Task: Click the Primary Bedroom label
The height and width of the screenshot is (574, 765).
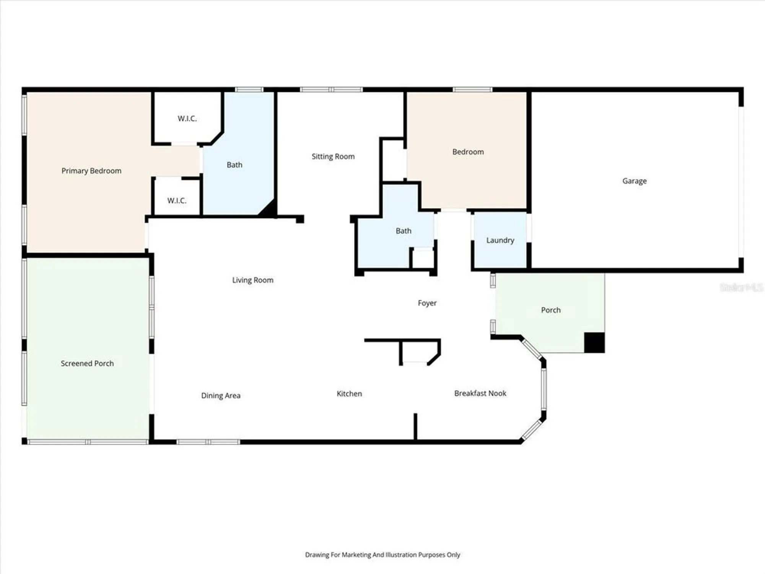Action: (x=91, y=171)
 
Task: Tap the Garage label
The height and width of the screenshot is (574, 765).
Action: (x=634, y=181)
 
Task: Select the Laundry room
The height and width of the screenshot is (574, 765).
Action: (x=500, y=240)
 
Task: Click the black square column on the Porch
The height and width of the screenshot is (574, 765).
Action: (x=594, y=342)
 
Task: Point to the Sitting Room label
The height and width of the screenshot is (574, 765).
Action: (x=333, y=156)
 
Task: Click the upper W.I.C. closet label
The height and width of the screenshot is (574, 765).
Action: (x=187, y=118)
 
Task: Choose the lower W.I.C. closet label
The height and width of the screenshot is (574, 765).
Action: (x=177, y=201)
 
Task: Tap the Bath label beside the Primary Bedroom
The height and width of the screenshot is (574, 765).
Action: (x=234, y=165)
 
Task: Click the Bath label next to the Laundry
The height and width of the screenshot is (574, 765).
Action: (x=403, y=231)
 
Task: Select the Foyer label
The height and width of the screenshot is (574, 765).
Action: (x=427, y=303)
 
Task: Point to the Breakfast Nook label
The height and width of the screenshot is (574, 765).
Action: (x=480, y=393)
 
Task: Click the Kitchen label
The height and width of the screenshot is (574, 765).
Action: (x=349, y=394)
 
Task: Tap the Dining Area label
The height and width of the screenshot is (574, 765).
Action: (x=221, y=396)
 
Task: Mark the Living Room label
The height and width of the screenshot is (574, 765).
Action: (x=252, y=280)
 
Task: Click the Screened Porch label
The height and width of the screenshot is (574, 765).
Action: (x=87, y=364)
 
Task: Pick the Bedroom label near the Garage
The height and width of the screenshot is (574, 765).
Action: (x=468, y=152)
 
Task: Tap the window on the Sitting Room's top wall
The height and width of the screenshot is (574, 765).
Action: (x=331, y=90)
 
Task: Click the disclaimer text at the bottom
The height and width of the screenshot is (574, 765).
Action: (x=382, y=554)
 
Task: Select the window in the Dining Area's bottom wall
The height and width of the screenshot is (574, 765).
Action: (x=208, y=442)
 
